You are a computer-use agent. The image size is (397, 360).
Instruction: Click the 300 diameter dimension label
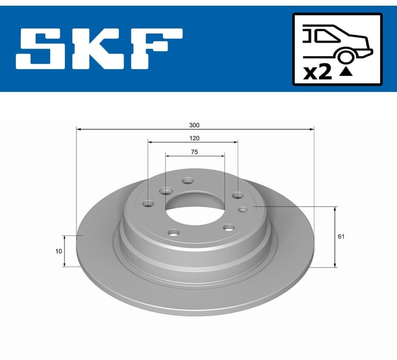tap(194, 125)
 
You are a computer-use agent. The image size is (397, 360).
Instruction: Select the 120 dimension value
tap(194, 138)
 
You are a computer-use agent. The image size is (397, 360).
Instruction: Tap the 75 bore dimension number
tap(194, 152)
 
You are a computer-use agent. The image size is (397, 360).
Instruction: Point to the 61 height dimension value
tap(341, 236)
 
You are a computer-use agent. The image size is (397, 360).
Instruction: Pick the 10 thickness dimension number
tap(58, 251)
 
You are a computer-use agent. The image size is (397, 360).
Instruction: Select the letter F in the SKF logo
tap(156, 49)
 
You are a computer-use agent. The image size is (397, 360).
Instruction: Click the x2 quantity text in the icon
tap(318, 72)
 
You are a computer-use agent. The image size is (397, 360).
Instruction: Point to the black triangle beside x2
tap(346, 72)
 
